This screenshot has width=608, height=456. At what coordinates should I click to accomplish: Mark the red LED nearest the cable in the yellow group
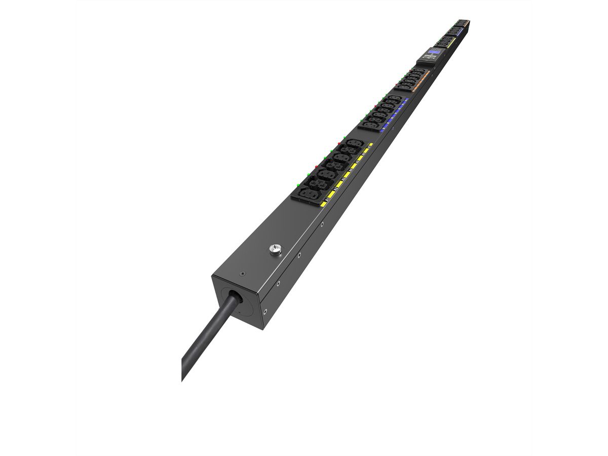pos(316,166)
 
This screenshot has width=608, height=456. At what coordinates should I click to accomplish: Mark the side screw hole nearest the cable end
pos(263,310)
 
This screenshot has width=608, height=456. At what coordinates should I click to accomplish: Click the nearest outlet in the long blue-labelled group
pos(370,125)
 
